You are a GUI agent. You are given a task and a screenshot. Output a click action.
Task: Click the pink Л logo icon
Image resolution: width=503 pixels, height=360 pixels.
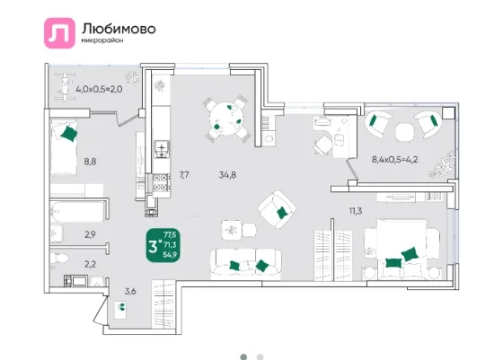[59, 33]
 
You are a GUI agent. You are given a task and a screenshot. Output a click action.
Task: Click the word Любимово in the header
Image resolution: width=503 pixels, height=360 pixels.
[119, 29]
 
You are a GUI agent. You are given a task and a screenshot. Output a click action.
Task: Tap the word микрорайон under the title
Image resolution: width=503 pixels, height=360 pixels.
[102, 40]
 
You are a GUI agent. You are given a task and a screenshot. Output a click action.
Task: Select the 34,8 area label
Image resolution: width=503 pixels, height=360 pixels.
[227, 175]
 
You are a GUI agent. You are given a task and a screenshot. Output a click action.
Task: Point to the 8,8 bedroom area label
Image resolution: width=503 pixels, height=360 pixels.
[90, 162]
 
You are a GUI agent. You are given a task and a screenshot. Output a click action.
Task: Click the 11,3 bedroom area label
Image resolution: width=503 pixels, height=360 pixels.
[356, 211]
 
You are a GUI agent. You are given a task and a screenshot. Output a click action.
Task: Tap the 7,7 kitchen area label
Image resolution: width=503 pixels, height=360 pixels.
[184, 175]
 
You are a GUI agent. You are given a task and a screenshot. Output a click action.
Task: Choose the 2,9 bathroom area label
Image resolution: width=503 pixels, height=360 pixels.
[90, 234]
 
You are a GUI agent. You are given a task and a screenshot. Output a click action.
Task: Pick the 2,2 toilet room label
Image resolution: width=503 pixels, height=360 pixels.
[90, 265]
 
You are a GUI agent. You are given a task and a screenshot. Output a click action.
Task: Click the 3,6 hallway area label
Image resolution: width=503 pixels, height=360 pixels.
[130, 292]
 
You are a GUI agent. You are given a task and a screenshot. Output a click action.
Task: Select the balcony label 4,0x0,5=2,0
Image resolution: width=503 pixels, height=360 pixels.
[99, 89]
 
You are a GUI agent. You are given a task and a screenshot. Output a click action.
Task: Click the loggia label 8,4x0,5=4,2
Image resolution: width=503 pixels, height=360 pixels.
[395, 159]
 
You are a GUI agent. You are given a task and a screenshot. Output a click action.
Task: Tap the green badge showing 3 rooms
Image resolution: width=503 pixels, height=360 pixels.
[163, 245]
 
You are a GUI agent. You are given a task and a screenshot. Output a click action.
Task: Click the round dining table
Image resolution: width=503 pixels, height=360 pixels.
[227, 118]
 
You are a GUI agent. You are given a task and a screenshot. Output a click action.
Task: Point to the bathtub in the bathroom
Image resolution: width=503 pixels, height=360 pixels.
[77, 211]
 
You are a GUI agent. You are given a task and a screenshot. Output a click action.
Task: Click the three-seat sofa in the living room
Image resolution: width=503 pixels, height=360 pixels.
[246, 262]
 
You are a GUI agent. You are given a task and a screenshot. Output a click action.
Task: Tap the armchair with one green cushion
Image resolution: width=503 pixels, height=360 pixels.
[277, 208]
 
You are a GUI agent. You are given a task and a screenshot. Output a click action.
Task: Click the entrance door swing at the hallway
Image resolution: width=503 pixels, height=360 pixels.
[100, 311]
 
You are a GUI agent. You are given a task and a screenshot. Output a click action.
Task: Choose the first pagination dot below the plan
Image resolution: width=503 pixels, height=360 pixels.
[243, 356]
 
